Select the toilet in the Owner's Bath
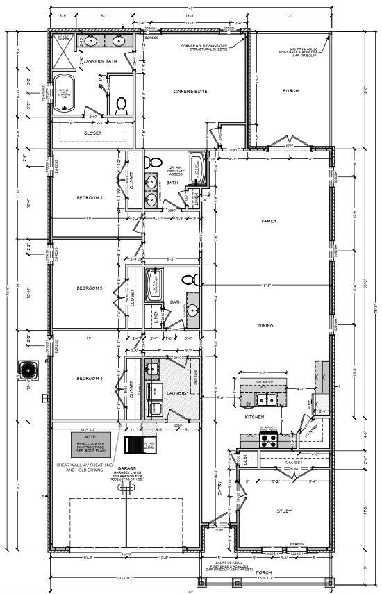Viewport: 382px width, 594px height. coord(122,105)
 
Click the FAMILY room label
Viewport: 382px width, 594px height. coord(268,221)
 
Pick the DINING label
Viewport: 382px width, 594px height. coord(265,326)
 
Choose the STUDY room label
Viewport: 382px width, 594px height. coord(283,511)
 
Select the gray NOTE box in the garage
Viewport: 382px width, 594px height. coord(90,443)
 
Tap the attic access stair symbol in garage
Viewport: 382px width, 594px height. coord(133,445)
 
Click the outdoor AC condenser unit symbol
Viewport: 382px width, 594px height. coord(29,368)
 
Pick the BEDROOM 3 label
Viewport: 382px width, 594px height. coord(90,288)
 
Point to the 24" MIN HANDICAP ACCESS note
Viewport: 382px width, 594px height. coord(175,170)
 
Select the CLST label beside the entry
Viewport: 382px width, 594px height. coord(247,459)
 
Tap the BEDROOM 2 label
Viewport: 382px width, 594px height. coord(90,198)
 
